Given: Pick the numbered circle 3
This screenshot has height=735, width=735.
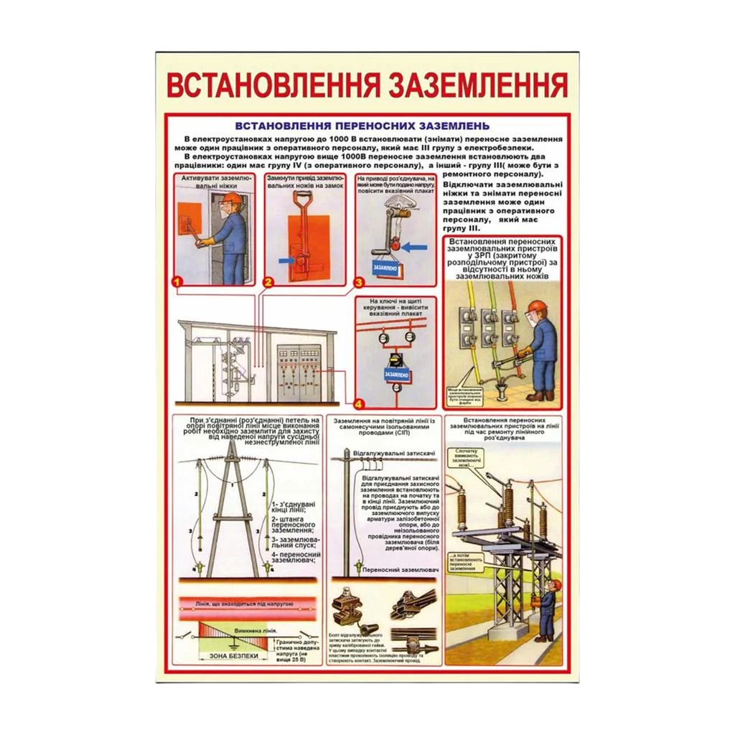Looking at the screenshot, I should pyautogui.click(x=358, y=283).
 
